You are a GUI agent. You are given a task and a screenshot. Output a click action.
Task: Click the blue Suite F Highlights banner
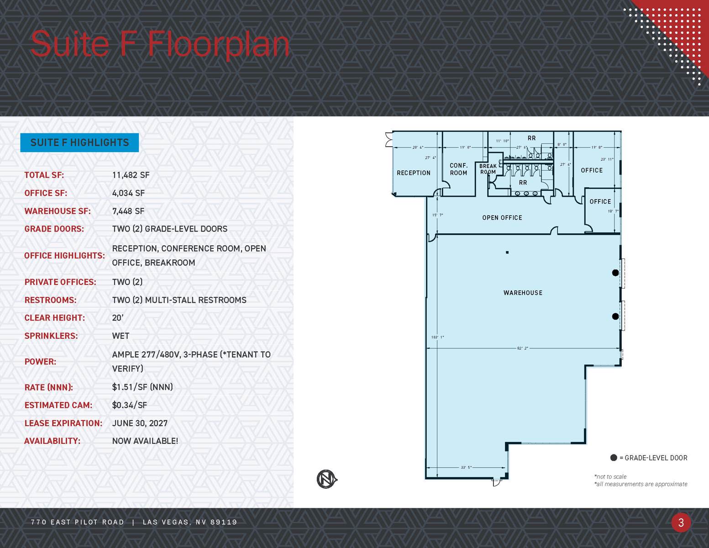pyautogui.click(x=79, y=142)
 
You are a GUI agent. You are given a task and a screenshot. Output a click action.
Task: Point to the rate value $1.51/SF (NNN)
pyautogui.click(x=142, y=387)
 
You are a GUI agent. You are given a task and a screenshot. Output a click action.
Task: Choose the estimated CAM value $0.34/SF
pyautogui.click(x=129, y=405)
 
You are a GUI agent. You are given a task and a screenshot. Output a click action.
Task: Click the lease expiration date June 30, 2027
pyautogui.click(x=140, y=423)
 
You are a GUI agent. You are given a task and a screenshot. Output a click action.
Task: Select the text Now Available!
pyautogui.click(x=145, y=441)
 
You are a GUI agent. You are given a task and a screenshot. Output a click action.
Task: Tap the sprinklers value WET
pyautogui.click(x=121, y=336)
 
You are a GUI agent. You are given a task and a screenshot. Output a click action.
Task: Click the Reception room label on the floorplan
pyautogui.click(x=413, y=173)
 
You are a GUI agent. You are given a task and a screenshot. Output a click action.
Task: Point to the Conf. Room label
pyautogui.click(x=458, y=169)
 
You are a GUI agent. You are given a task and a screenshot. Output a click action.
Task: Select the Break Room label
pyautogui.click(x=488, y=169)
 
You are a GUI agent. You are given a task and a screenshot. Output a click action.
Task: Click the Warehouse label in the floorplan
pyautogui.click(x=523, y=293)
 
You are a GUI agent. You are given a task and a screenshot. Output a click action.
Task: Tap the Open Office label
pyautogui.click(x=502, y=218)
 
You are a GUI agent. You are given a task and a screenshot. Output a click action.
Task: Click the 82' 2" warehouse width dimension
pyautogui.click(x=522, y=348)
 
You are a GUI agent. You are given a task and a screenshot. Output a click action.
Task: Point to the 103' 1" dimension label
pyautogui.click(x=437, y=337)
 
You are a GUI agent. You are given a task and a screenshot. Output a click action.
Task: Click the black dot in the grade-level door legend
pyautogui.click(x=614, y=458)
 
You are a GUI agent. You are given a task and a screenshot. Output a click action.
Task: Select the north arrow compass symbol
pyautogui.click(x=327, y=479)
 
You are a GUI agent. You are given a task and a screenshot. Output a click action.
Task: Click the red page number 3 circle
pyautogui.click(x=681, y=522)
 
